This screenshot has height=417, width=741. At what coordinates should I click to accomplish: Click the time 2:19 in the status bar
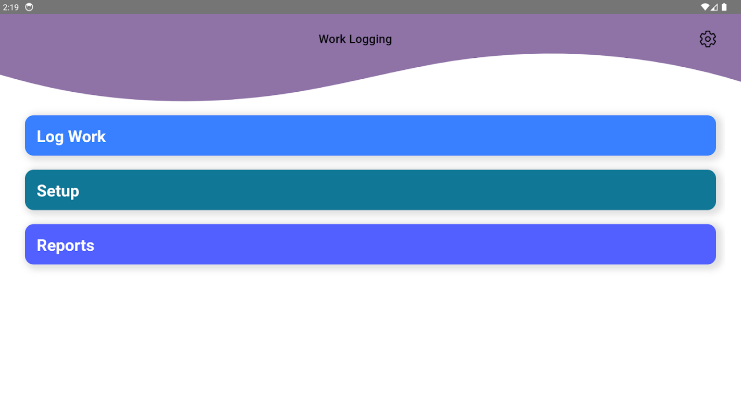point(11,7)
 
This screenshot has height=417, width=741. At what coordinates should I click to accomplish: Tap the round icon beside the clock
point(29,7)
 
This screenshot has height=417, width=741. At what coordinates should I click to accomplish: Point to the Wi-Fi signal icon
point(705,7)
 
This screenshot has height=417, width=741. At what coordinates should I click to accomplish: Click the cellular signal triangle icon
point(714,7)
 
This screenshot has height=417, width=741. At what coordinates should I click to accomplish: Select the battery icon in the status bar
point(724,7)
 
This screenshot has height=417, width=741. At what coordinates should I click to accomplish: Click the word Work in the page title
point(332,39)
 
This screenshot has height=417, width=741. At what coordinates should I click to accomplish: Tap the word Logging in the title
point(370,40)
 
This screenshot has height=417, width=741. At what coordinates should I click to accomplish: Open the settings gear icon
point(708,39)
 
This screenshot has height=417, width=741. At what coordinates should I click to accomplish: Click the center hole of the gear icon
point(708,39)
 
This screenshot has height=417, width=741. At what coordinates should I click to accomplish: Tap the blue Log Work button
point(370,136)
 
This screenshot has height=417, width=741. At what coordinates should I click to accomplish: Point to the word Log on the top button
point(50,137)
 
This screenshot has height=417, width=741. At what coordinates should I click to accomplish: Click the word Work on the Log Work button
point(87,137)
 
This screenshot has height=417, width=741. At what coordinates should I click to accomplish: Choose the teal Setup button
point(370,190)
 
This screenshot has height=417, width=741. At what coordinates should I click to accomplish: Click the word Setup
point(58,191)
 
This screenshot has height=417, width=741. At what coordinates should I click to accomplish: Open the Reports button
point(370,244)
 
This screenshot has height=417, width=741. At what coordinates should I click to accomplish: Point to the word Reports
point(65,246)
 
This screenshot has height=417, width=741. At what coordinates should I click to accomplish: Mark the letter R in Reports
point(41,246)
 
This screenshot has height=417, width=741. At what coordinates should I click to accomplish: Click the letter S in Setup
point(41,191)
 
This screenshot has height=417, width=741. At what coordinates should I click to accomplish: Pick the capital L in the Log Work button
point(41,137)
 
